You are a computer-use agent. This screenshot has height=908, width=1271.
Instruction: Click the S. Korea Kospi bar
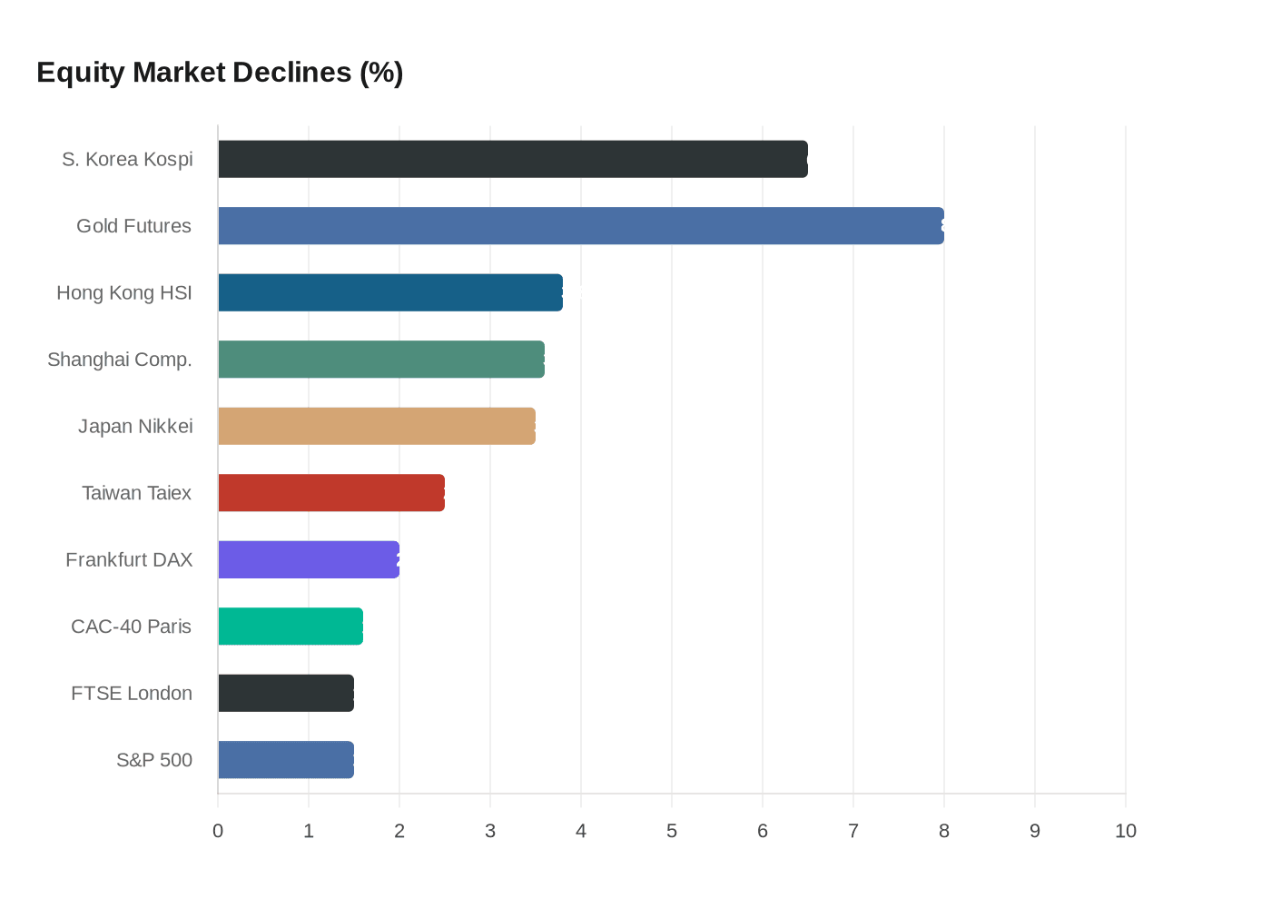click(513, 159)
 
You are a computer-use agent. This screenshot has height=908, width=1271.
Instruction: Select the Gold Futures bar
click(581, 226)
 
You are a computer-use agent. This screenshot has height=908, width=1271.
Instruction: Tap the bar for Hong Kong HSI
click(390, 292)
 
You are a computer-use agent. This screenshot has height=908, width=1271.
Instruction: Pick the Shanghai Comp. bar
click(381, 360)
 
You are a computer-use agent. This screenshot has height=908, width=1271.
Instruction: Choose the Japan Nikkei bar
click(377, 426)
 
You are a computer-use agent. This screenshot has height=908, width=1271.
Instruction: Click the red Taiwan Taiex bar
click(331, 493)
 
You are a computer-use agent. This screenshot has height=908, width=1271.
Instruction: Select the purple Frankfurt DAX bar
click(309, 559)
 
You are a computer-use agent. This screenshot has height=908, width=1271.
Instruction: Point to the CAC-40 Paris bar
click(291, 627)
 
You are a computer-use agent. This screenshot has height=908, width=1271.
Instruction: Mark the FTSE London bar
click(286, 693)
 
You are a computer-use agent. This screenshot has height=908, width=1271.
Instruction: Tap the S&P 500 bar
click(286, 760)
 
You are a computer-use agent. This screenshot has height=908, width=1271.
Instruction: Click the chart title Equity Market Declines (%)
click(220, 73)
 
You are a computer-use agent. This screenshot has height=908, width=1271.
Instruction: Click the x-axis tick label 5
click(672, 831)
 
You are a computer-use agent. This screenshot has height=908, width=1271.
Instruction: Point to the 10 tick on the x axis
click(1126, 831)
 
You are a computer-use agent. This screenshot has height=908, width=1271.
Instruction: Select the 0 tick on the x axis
click(218, 831)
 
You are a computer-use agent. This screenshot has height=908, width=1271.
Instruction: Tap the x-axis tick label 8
click(944, 831)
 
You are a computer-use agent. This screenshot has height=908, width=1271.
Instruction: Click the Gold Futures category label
click(133, 226)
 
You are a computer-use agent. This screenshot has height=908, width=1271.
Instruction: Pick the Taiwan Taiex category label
click(136, 493)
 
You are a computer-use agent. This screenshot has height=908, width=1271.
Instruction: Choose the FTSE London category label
click(132, 694)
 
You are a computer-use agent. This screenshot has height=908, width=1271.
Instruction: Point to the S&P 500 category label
click(154, 760)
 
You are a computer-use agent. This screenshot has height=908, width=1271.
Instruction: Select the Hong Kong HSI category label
click(124, 292)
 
